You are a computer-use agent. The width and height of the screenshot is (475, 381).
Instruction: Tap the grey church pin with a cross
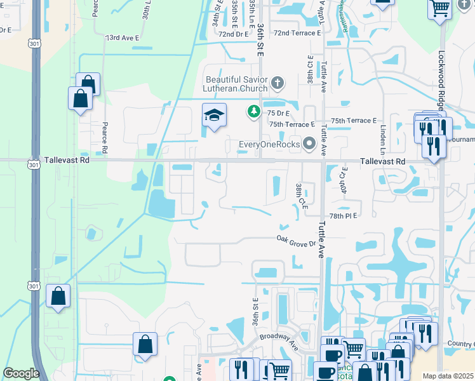coord(276,83)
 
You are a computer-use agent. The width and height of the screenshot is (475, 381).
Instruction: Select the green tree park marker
coord(253,112)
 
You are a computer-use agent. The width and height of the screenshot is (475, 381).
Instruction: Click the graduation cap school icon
coord(214,116)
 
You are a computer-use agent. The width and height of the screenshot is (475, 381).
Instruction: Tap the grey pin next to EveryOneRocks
coord(309,144)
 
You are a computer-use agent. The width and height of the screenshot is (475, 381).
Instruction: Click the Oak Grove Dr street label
coord(295,241)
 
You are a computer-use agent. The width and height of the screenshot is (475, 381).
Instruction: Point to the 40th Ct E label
coord(344,178)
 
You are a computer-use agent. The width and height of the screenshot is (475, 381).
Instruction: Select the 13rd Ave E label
coord(122,38)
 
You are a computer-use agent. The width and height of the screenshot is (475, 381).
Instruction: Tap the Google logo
coord(21,373)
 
